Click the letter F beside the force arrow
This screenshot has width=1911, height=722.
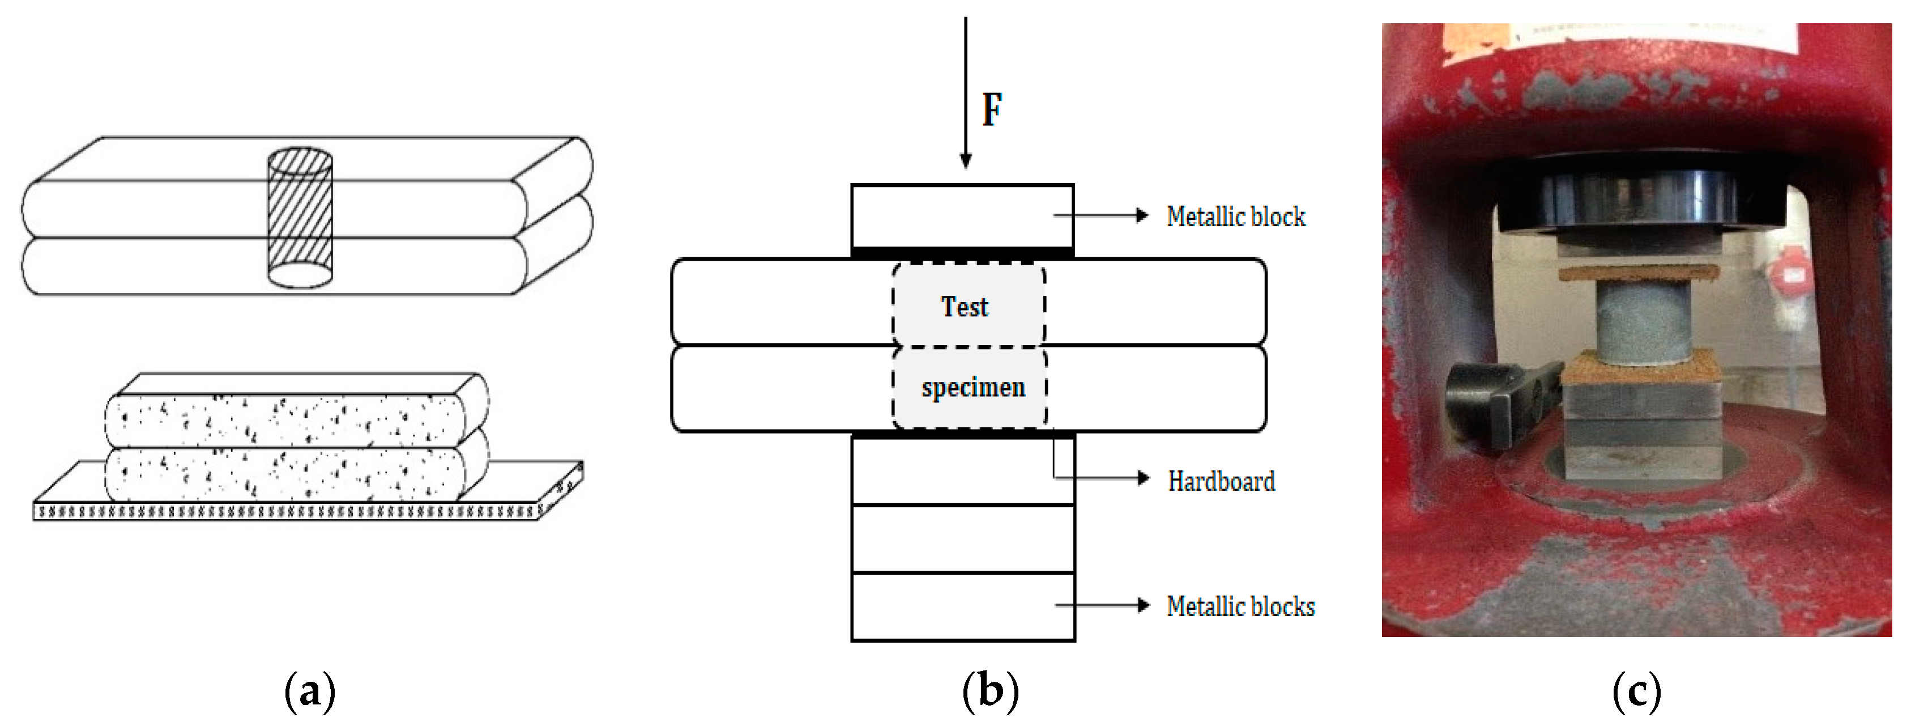point(992,110)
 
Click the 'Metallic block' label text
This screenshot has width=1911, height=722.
point(1235,216)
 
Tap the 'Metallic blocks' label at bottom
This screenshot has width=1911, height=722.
point(1240,607)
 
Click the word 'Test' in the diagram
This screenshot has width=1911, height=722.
point(965,307)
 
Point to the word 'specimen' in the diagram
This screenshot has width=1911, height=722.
point(972,387)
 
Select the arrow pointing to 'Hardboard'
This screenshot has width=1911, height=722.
point(1142,478)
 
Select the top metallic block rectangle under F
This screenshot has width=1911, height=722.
point(962,215)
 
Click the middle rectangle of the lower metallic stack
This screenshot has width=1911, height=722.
point(962,539)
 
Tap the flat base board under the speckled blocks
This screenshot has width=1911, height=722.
point(297,511)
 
